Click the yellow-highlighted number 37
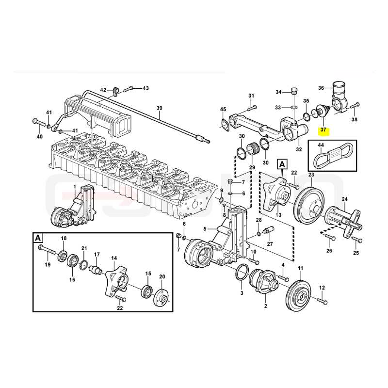(x=323, y=129)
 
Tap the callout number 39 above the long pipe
(x=160, y=108)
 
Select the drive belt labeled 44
(x=333, y=157)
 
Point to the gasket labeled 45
(x=225, y=125)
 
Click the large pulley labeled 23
(x=309, y=202)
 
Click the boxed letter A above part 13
(x=282, y=164)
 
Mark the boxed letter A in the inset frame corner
(x=38, y=238)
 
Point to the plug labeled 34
(x=294, y=90)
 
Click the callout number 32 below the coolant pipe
(x=299, y=149)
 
